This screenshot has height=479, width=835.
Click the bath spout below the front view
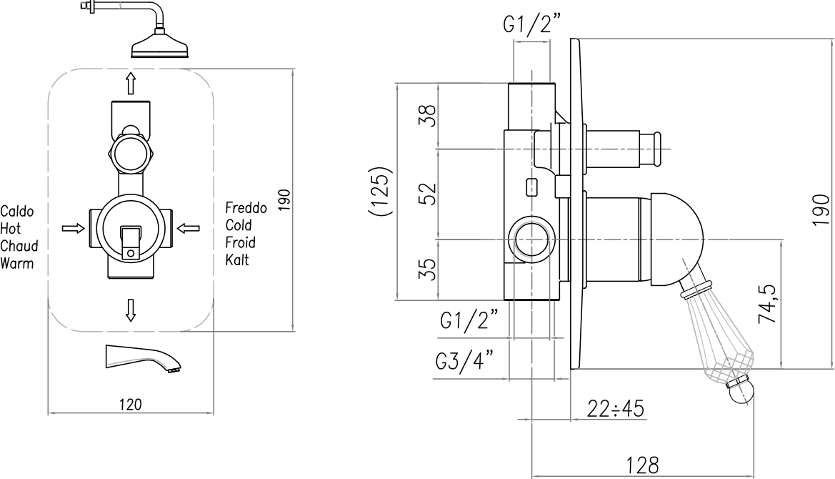tap(144, 359)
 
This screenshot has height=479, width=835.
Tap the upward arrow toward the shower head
tap(131, 83)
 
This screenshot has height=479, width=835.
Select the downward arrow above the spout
tap(131, 310)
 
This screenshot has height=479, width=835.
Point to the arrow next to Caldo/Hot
tap(74, 228)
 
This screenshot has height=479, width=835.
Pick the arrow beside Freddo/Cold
tap(188, 228)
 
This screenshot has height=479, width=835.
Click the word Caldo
tap(17, 212)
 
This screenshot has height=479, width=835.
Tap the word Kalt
tap(237, 260)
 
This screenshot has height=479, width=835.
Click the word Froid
tap(240, 242)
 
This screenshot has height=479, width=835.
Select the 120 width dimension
tap(131, 405)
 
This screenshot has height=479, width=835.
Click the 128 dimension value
tap(642, 465)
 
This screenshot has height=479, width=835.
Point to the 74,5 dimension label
tap(767, 305)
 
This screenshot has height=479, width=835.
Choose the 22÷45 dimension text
tap(616, 409)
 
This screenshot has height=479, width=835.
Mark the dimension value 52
tap(428, 194)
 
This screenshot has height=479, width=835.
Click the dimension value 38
tap(428, 116)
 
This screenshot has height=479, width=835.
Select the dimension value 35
tap(428, 269)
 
